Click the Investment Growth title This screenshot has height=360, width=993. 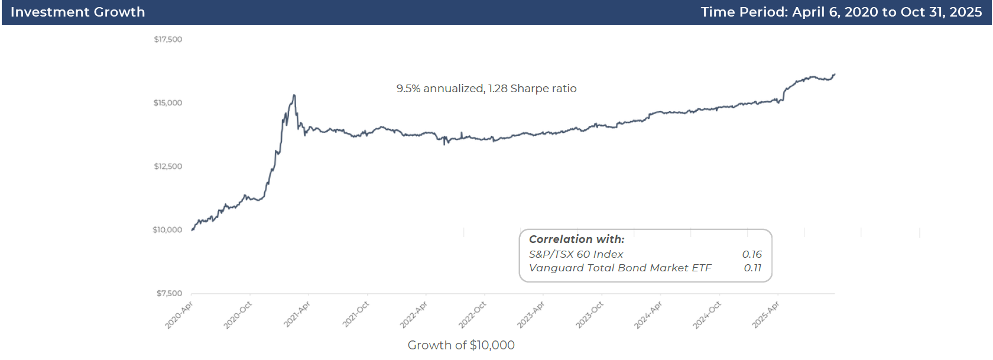77,12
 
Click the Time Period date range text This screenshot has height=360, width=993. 841,12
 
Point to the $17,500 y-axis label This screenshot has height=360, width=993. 168,40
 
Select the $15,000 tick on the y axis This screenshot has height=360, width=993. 168,103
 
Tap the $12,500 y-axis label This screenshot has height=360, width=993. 168,167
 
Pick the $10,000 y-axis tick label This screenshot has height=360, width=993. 167,230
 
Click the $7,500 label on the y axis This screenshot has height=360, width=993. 169,293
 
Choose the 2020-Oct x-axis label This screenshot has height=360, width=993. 238,315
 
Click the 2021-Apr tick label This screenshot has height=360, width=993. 297,314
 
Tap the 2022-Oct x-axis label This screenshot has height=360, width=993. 472,315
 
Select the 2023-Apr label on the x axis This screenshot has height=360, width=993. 531,314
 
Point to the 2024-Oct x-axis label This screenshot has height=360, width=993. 707,315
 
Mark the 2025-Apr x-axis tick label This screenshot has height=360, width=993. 765,314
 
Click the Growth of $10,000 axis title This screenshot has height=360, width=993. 461,345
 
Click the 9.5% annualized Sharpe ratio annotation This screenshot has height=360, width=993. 486,89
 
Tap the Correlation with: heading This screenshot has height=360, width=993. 576,239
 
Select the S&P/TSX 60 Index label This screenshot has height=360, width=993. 576,254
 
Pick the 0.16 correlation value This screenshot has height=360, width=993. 752,254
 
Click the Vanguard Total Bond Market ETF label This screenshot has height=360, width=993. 620,268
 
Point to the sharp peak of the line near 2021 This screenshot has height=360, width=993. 294,95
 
